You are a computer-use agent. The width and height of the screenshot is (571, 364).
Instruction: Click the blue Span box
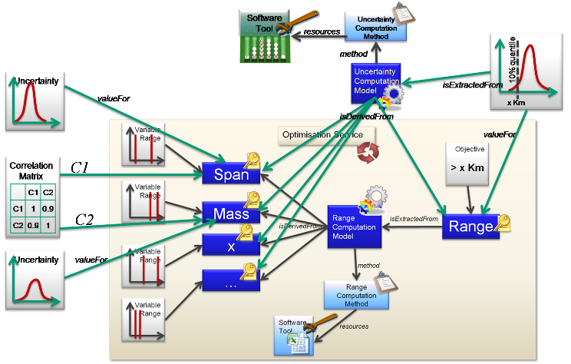[231, 174]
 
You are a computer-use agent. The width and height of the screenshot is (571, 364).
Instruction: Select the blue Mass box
[231, 214]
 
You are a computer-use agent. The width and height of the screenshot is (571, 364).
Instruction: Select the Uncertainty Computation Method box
[375, 26]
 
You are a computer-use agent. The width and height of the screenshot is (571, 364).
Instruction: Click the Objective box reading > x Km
[470, 164]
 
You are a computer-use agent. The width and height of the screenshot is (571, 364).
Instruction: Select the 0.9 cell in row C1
[48, 207]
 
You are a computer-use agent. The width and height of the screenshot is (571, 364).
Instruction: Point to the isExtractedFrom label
[414, 220]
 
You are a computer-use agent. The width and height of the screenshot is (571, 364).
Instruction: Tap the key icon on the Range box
[503, 223]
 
